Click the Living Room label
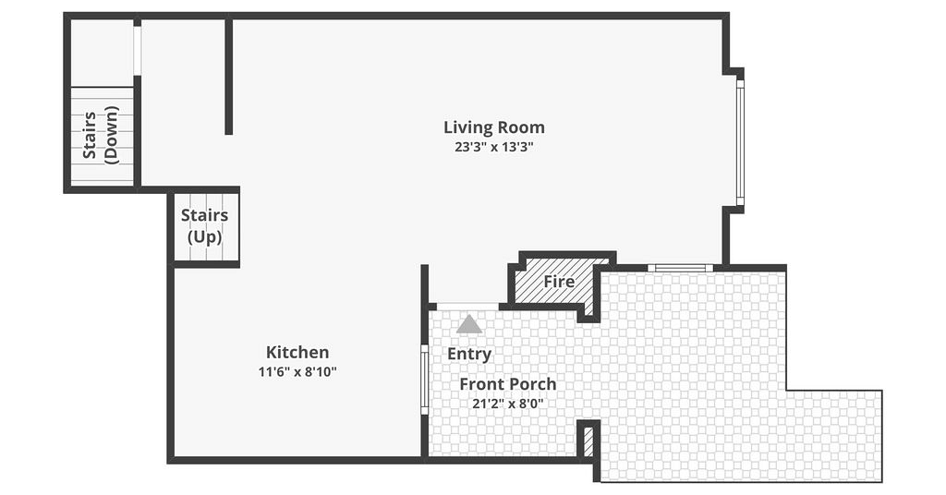point(494,127)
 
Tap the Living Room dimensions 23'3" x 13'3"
point(494,147)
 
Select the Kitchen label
point(297,352)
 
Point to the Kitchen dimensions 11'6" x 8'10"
point(297,371)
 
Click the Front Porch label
point(508,384)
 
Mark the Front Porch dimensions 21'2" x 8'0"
point(508,404)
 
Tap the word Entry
point(469,355)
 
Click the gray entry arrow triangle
point(468,325)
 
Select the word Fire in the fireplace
point(559,282)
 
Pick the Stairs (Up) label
point(204,226)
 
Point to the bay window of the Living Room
point(740,142)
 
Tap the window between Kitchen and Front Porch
point(424,380)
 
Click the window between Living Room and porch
point(681,268)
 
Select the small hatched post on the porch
point(588,441)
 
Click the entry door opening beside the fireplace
point(467,307)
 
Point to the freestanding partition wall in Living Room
point(229,78)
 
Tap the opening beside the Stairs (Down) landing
point(137,51)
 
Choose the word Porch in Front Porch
point(533,384)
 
